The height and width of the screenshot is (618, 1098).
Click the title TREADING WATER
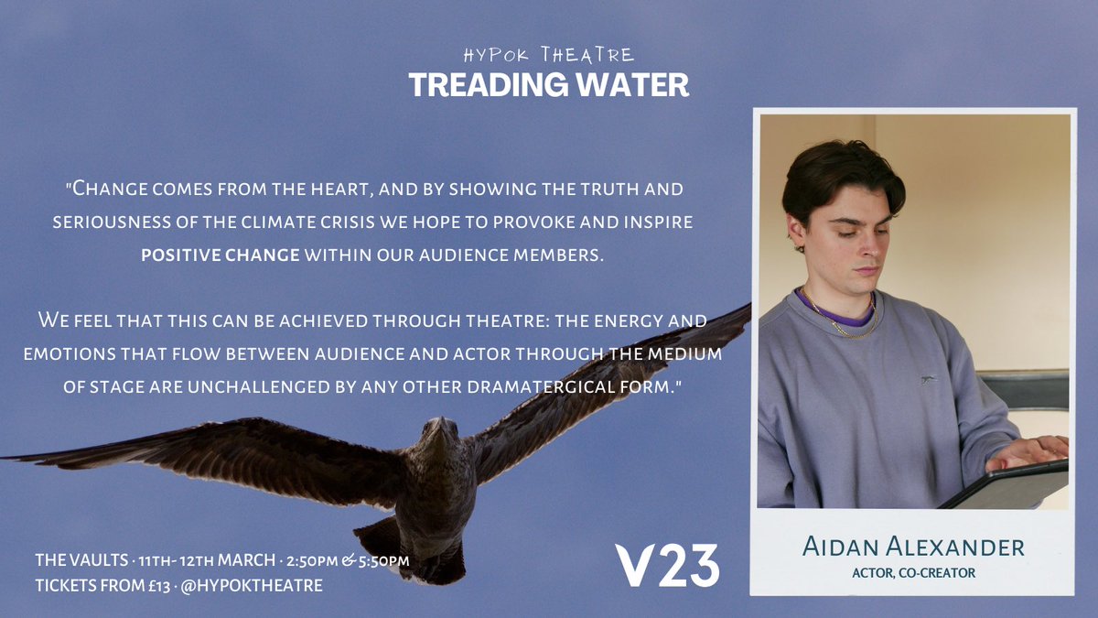coord(548,84)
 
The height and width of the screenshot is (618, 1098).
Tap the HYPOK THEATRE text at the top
coord(548,54)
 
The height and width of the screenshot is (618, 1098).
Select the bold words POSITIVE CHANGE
coord(220,254)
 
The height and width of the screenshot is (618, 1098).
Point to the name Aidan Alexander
coord(913,548)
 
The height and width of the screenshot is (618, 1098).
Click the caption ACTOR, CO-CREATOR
coord(913,573)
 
